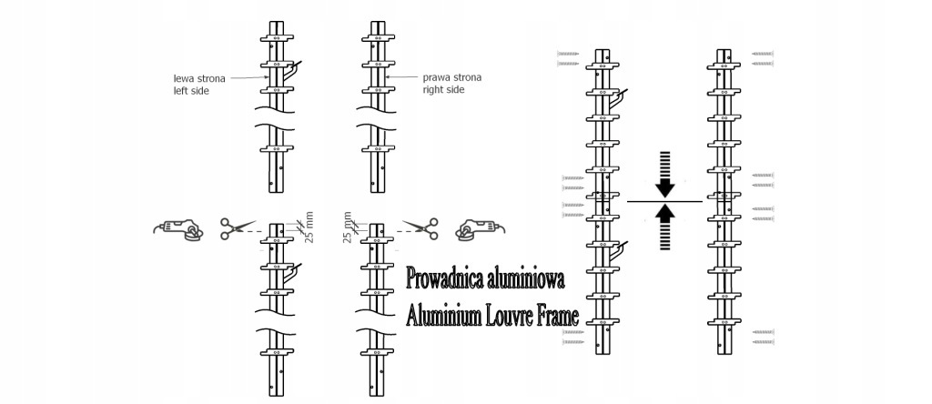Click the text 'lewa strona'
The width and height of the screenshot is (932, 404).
(199, 78)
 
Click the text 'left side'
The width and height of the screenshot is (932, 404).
(191, 92)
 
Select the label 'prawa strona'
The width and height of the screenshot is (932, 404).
(451, 77)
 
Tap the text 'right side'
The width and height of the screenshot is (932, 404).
(443, 90)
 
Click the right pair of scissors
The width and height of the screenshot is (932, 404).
(420, 228)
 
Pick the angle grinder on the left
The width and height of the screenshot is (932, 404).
(179, 229)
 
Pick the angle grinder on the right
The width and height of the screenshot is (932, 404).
(481, 229)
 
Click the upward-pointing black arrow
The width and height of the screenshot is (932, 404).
(665, 227)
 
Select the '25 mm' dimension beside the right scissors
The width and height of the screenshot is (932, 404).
(348, 227)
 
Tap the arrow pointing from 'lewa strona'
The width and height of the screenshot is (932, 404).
(249, 77)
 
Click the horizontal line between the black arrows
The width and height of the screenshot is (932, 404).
(664, 201)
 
